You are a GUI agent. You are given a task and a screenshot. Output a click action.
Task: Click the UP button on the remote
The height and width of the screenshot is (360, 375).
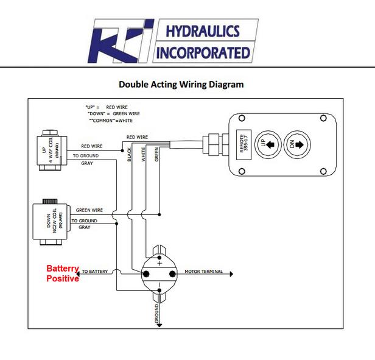(268, 144)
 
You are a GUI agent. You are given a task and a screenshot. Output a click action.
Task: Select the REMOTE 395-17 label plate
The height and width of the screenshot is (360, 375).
(244, 144)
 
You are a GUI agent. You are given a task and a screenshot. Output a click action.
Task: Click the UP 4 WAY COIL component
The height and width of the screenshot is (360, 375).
(52, 150)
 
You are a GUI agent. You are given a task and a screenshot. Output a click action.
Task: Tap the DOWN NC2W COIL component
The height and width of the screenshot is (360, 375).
(51, 222)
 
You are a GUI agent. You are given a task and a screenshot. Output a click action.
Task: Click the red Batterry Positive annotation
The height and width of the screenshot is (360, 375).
(63, 274)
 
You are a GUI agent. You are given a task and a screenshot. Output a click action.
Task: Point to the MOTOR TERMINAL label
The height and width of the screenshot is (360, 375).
(203, 272)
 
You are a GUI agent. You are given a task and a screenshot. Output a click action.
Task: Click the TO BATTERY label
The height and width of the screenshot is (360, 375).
(95, 272)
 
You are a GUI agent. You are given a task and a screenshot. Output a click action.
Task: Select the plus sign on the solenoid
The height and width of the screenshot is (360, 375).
(159, 264)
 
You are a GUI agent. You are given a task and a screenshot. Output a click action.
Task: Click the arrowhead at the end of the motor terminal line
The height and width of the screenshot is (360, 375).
(231, 274)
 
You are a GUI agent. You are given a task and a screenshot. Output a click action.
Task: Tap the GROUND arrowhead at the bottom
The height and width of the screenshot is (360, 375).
(159, 325)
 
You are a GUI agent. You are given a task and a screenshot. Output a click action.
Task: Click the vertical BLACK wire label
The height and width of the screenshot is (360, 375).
(129, 155)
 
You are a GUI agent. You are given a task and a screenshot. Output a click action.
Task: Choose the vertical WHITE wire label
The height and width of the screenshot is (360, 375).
(143, 154)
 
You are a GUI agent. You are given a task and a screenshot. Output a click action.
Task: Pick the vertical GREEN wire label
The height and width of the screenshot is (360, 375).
(156, 154)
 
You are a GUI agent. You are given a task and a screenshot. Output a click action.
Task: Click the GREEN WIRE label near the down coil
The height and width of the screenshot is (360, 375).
(89, 210)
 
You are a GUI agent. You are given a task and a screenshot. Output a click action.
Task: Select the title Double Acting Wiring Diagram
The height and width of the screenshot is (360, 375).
(181, 85)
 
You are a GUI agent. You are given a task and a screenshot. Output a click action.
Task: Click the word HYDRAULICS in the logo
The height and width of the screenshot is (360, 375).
(203, 31)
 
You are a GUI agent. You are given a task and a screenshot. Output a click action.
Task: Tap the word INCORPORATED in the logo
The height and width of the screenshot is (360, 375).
(203, 53)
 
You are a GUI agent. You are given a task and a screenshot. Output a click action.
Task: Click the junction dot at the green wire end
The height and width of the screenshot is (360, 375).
(159, 214)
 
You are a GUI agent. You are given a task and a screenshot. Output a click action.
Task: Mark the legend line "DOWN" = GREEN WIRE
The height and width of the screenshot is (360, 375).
(114, 114)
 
